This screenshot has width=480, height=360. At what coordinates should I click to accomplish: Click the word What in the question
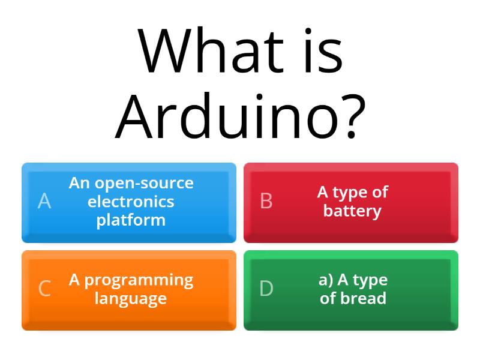point(211,50)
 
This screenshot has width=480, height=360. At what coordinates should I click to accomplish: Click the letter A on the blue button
point(44,201)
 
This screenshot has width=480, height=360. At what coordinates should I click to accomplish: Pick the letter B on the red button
point(266,201)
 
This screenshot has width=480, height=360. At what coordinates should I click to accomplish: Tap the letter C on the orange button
point(44,289)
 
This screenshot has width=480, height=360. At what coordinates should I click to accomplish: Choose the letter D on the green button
point(266,289)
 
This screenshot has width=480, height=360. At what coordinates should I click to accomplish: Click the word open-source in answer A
point(144,184)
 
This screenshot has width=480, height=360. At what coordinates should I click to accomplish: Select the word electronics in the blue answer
point(131,202)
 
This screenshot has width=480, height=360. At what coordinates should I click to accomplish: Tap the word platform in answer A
point(131,220)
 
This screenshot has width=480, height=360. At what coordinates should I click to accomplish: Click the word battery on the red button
point(352,211)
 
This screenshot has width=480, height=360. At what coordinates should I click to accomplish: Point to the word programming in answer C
point(139,280)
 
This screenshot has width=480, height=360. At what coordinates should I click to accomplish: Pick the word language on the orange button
point(131,299)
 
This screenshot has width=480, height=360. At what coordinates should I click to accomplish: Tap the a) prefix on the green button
point(326,280)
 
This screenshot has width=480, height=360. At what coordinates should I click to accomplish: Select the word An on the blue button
point(80,183)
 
